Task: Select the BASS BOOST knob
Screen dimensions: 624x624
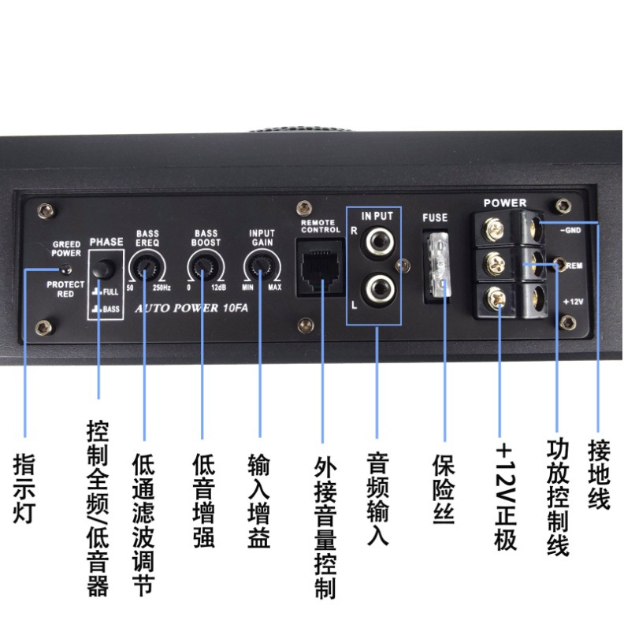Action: click(x=204, y=270)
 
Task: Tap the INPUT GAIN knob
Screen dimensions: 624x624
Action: click(x=261, y=270)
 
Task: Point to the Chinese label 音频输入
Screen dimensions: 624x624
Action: click(x=377, y=499)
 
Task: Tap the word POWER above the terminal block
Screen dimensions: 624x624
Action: click(x=505, y=203)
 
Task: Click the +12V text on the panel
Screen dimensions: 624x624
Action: click(x=574, y=302)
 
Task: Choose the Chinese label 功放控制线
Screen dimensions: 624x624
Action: click(x=558, y=497)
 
